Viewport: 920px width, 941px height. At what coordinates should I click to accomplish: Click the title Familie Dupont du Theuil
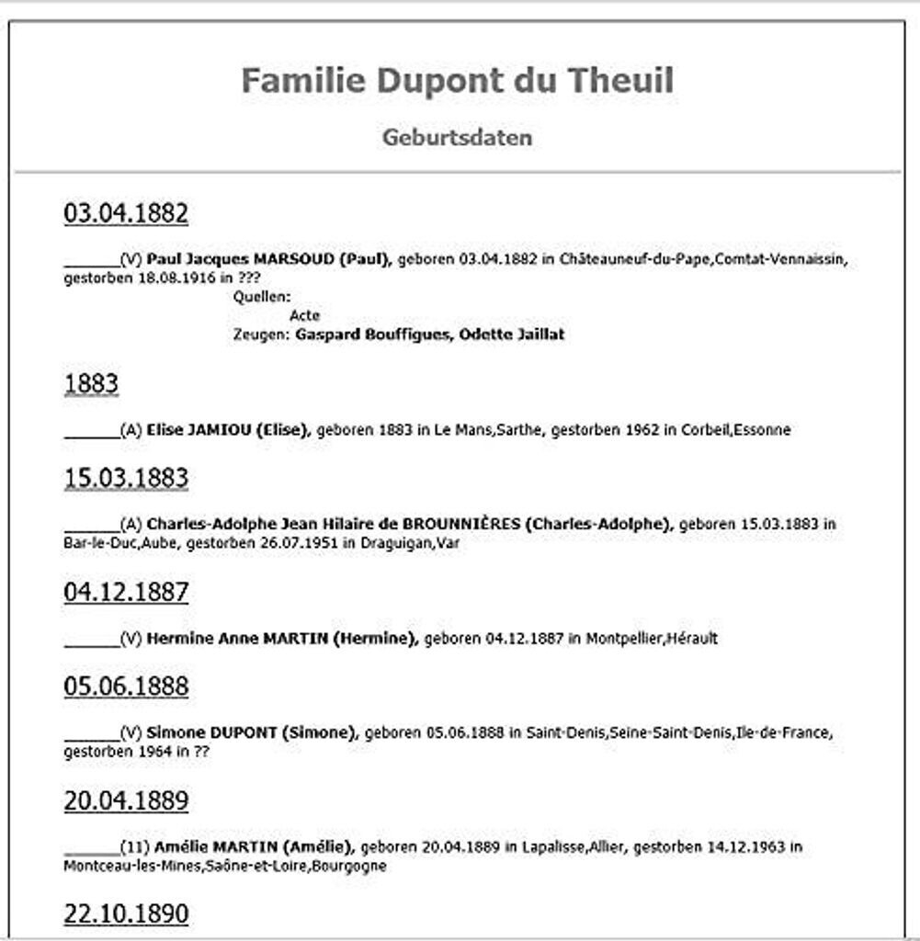(457, 81)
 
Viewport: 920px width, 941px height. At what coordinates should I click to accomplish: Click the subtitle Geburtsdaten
(457, 138)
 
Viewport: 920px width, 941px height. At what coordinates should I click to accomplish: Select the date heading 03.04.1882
(126, 214)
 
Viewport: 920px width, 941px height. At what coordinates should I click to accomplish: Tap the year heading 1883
(91, 383)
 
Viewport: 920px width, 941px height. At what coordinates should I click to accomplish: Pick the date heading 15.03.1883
(126, 478)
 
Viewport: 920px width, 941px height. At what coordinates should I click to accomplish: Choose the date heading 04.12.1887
(126, 593)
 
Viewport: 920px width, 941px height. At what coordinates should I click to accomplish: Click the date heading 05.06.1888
(126, 686)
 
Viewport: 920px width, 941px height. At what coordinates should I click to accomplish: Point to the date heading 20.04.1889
(126, 801)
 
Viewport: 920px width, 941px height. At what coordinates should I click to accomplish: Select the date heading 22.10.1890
(126, 913)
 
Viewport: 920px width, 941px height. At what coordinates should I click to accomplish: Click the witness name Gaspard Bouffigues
(372, 334)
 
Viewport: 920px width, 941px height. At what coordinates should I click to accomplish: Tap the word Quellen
(262, 297)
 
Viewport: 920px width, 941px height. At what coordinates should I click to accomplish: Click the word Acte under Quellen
(304, 315)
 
